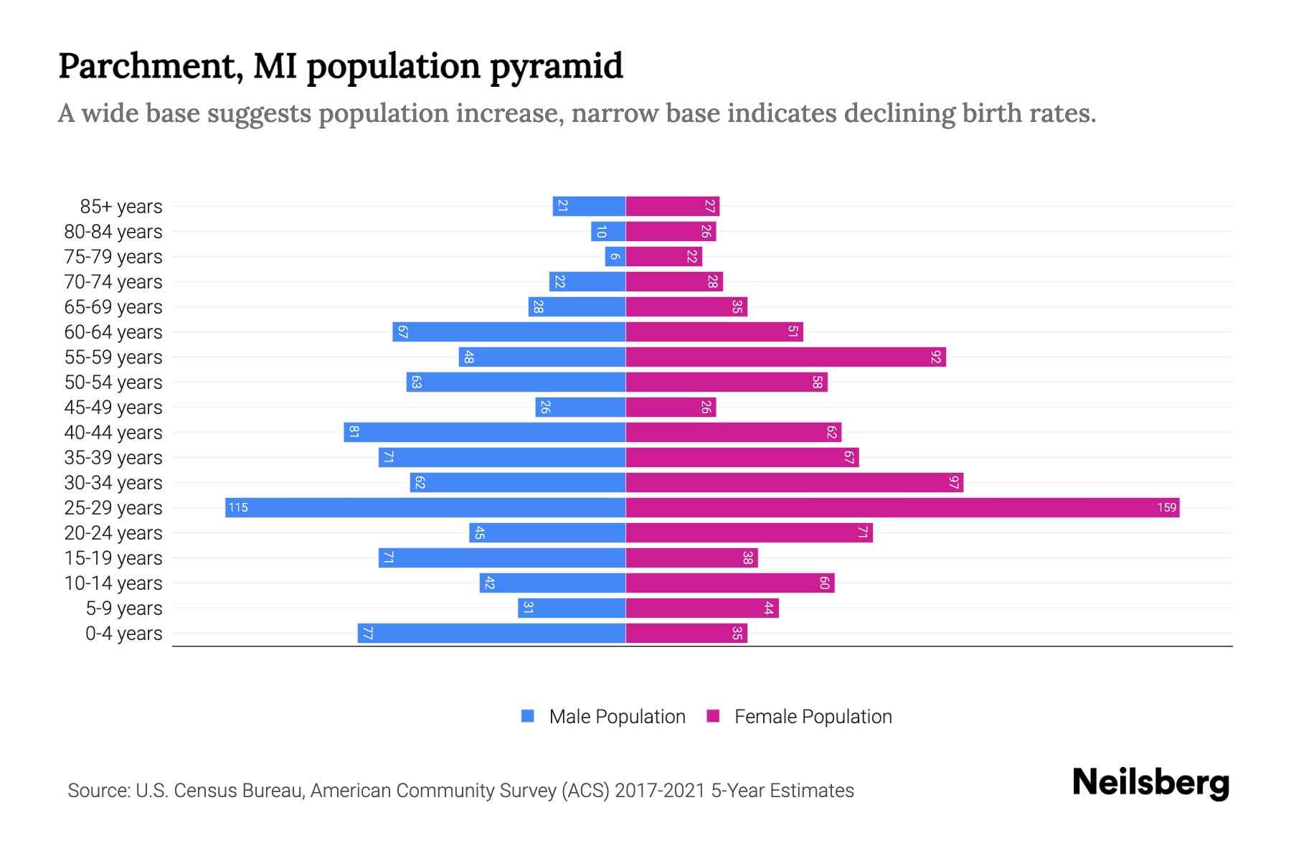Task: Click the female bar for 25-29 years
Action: coord(902,508)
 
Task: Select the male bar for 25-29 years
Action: coord(425,508)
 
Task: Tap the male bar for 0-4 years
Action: coord(492,634)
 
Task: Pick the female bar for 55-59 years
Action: coord(785,357)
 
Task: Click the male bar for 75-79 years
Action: coord(615,257)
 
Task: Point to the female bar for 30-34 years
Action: coord(794,483)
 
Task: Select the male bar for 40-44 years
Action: coord(485,433)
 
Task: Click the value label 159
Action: coord(1166,508)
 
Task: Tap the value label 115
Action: coord(238,508)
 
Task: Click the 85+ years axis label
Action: coord(121,207)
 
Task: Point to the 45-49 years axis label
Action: coord(113,408)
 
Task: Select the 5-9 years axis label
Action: coord(124,608)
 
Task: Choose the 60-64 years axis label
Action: coord(113,332)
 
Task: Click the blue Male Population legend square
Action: coord(528,716)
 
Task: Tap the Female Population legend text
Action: coord(813,717)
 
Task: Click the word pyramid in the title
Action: coord(557,66)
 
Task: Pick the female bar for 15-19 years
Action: coord(691,558)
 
